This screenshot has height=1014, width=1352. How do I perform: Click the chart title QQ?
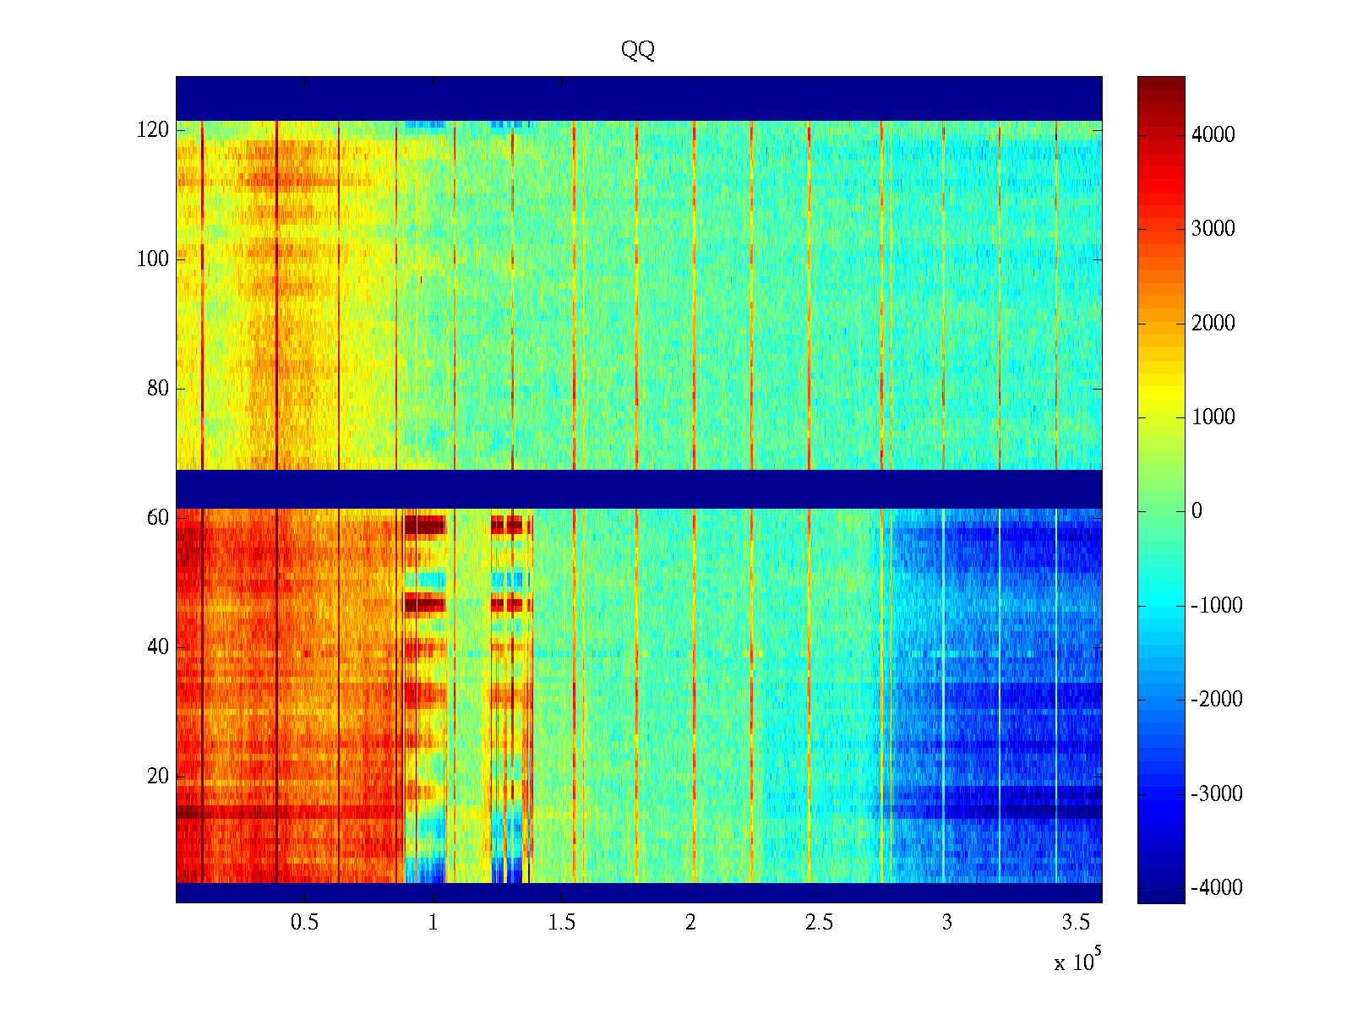pyautogui.click(x=638, y=51)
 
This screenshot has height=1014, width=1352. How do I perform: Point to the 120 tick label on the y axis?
pyautogui.click(x=153, y=130)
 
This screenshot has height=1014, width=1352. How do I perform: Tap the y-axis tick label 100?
pyautogui.click(x=153, y=259)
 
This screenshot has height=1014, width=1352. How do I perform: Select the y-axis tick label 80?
pyautogui.click(x=158, y=389)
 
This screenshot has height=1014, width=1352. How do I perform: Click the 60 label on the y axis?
pyautogui.click(x=158, y=518)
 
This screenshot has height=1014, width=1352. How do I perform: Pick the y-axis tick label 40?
pyautogui.click(x=158, y=647)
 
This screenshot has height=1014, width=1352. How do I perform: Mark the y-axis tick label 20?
pyautogui.click(x=158, y=777)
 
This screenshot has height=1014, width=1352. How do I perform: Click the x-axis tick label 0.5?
pyautogui.click(x=304, y=923)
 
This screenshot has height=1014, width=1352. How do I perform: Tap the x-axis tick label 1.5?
pyautogui.click(x=562, y=923)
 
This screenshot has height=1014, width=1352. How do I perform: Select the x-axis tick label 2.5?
pyautogui.click(x=819, y=923)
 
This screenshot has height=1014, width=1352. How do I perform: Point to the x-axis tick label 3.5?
pyautogui.click(x=1076, y=923)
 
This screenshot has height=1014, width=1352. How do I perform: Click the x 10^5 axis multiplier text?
pyautogui.click(x=1077, y=961)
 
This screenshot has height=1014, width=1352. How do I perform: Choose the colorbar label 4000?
pyautogui.click(x=1213, y=135)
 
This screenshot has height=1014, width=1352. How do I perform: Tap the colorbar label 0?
pyautogui.click(x=1197, y=511)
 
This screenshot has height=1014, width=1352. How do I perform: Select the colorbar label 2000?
pyautogui.click(x=1213, y=324)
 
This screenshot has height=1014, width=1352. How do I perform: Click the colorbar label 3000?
pyautogui.click(x=1213, y=229)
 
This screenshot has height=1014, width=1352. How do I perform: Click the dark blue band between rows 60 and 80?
pyautogui.click(x=638, y=488)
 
